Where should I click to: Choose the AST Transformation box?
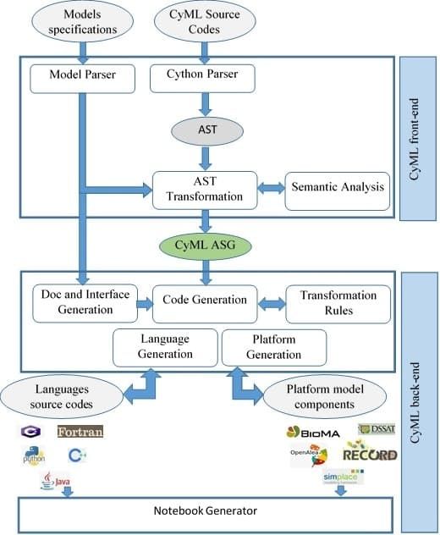204,190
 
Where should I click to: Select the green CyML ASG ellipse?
205,246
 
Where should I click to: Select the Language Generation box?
164,345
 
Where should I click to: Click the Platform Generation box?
273,345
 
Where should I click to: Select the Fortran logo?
80,433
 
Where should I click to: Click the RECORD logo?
370,455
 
